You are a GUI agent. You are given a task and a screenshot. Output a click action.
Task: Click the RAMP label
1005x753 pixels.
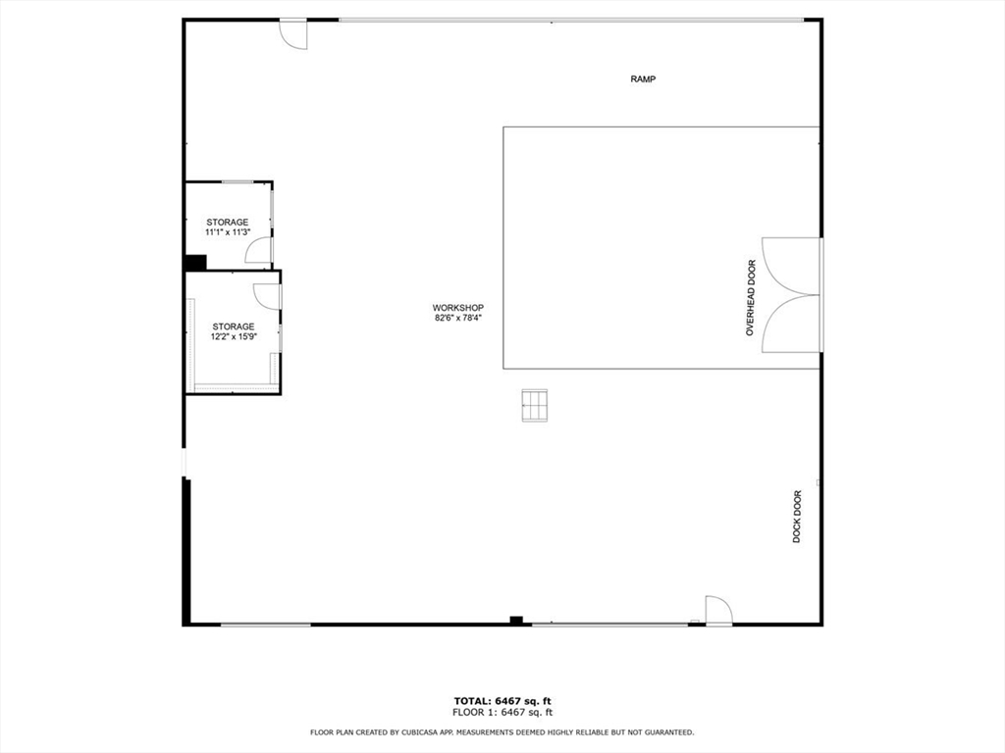(x=643, y=79)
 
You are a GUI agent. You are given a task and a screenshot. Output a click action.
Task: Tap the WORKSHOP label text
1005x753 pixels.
(x=458, y=308)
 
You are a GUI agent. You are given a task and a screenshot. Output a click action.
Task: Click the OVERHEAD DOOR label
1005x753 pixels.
(x=751, y=298)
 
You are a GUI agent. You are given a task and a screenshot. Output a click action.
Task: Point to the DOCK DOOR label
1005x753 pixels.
(x=797, y=517)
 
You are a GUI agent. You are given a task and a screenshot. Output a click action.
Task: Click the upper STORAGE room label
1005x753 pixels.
(x=227, y=223)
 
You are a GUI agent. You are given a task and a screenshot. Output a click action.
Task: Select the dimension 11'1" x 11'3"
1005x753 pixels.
(x=227, y=233)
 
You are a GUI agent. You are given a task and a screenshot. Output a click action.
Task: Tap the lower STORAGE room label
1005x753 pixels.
(x=234, y=326)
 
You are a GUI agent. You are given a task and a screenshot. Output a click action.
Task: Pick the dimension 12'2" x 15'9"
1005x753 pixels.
(x=234, y=337)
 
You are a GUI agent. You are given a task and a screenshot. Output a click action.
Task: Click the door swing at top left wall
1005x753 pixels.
(x=292, y=34)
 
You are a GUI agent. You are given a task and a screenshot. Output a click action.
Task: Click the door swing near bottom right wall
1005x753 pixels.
(x=718, y=610)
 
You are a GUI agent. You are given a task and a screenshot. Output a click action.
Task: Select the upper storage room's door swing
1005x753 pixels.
(x=258, y=252)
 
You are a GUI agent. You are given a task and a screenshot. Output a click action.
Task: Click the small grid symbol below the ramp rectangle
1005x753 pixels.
(x=534, y=405)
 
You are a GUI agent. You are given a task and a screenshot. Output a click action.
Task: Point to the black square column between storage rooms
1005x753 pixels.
(x=195, y=263)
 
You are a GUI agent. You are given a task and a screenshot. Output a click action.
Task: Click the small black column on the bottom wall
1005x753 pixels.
(x=516, y=620)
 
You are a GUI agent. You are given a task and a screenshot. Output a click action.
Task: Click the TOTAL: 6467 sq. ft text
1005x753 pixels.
(x=502, y=701)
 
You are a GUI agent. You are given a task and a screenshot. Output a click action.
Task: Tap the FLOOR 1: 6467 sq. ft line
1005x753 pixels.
(x=502, y=713)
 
